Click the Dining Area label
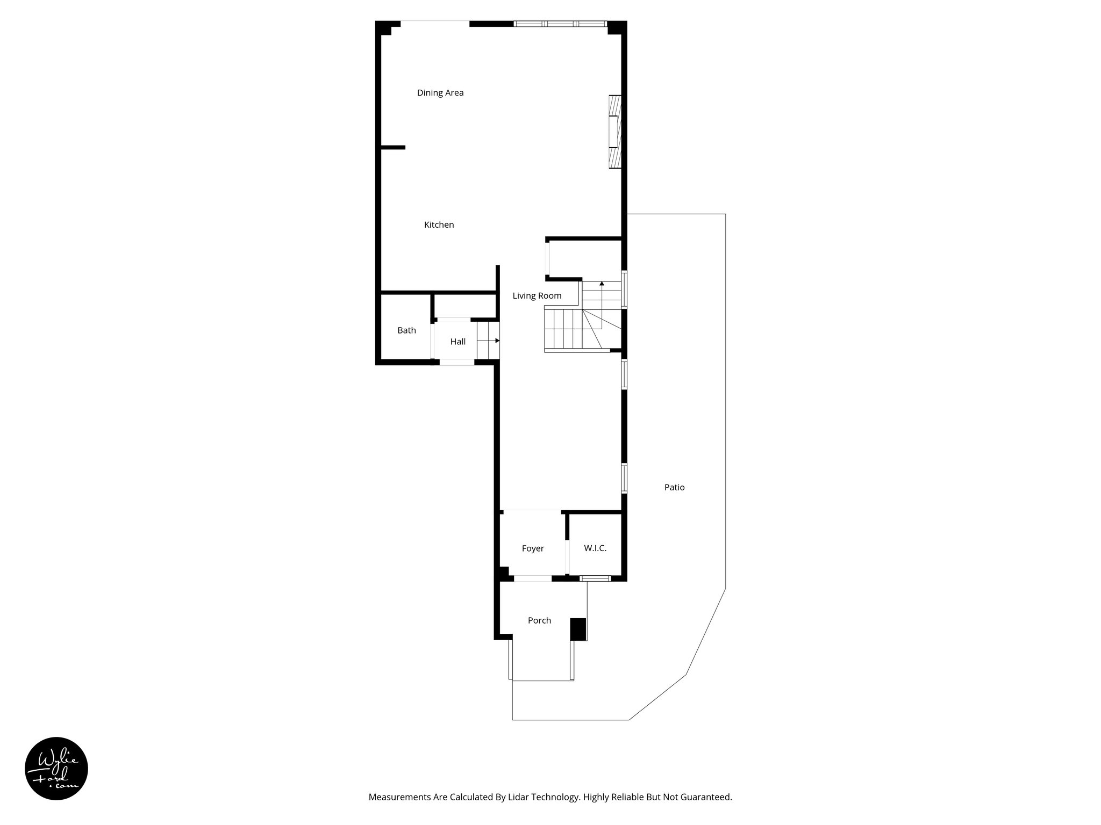(440, 93)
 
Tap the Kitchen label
(439, 225)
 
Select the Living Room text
(537, 296)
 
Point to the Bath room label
(406, 330)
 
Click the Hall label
(457, 342)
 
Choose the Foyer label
(533, 548)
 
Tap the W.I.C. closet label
(595, 548)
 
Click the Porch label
(539, 620)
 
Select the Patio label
(674, 488)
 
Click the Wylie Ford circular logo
(56, 769)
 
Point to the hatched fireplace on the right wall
(615, 132)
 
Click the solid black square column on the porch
(578, 629)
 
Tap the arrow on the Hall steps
(497, 341)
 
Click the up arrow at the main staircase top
(602, 283)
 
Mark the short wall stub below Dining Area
(393, 147)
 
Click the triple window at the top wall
(560, 24)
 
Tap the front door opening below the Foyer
(532, 578)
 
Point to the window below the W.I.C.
(595, 578)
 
